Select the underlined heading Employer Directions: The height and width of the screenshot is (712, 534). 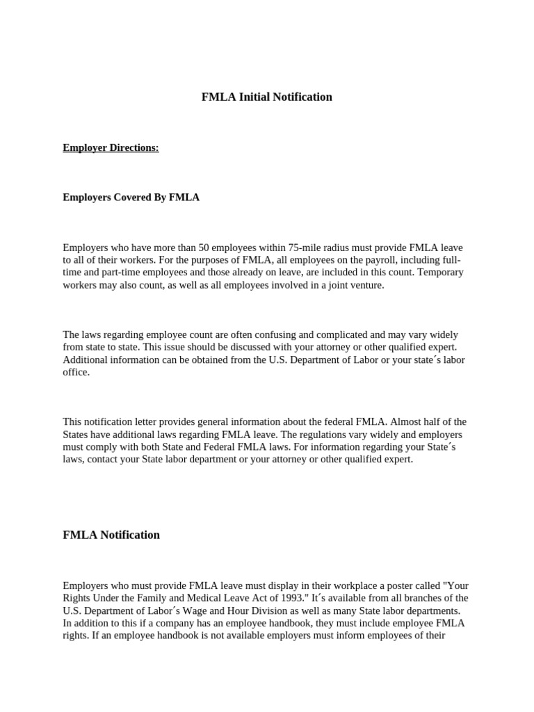click(111, 147)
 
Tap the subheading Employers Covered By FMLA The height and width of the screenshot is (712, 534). click(131, 197)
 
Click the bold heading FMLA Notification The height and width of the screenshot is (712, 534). click(111, 535)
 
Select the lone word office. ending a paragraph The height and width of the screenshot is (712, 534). click(76, 372)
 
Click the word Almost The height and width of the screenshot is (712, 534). click(410, 421)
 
